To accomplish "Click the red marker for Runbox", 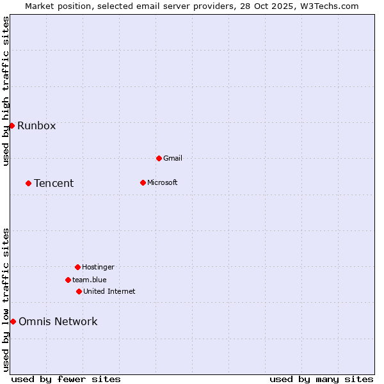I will click(12, 125).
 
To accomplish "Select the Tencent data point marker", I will click(28, 183).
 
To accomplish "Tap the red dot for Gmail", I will click(159, 158).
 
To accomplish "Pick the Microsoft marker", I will click(143, 182).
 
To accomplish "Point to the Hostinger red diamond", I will click(77, 267).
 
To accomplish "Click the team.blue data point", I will click(68, 280).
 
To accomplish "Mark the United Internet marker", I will click(79, 291).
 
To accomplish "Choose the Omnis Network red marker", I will click(13, 321).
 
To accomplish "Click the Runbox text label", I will click(36, 125).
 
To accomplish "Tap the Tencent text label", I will click(54, 183).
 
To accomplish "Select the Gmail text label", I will click(173, 158).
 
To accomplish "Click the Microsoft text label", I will click(163, 182).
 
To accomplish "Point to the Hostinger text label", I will click(98, 267).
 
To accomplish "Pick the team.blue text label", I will click(90, 280).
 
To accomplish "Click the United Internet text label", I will click(109, 291).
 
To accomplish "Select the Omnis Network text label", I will click(58, 321).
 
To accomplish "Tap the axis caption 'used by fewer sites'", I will click(66, 379).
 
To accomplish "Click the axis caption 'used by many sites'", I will click(321, 379).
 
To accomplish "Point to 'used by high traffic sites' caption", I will click(6, 91).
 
